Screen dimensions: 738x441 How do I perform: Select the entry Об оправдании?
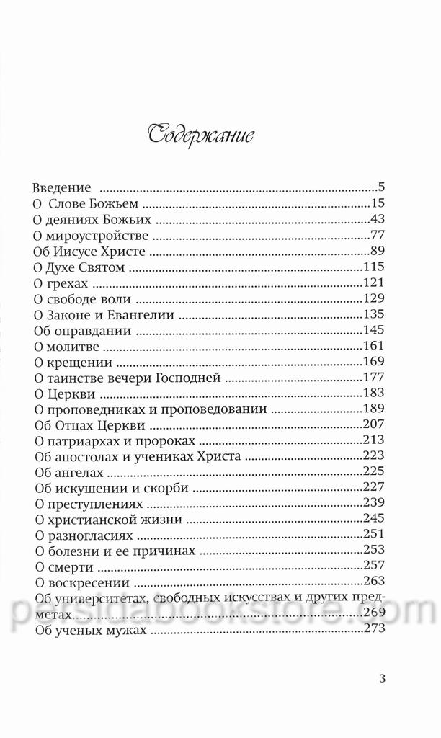[x=82, y=330]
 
